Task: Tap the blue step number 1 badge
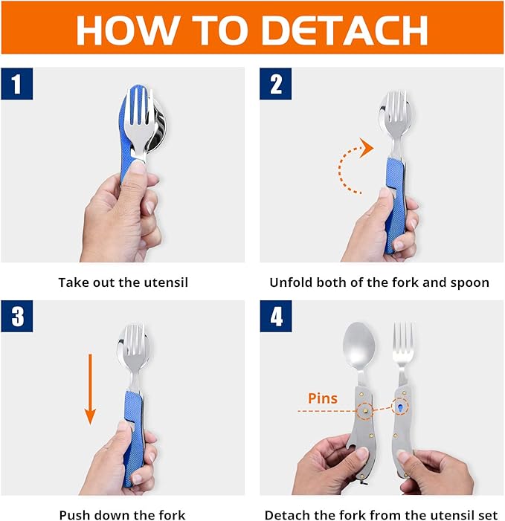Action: click(17, 84)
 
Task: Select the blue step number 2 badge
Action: click(276, 84)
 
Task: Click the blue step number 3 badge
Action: click(17, 317)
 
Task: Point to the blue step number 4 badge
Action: click(276, 317)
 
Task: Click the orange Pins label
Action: click(323, 398)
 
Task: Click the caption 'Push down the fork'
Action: click(122, 514)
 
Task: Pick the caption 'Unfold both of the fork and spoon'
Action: click(379, 282)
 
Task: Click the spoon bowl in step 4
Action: click(358, 344)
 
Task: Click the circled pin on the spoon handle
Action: click(365, 411)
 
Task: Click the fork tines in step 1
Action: click(138, 113)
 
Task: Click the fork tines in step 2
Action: click(393, 113)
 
